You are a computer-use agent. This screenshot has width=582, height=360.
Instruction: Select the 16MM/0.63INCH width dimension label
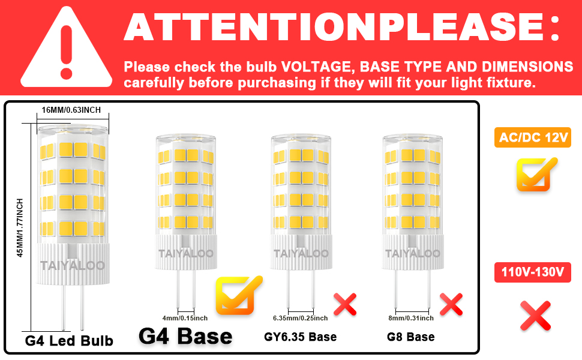click(x=71, y=110)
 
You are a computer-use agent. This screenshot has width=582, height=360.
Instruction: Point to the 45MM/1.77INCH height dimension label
click(x=20, y=228)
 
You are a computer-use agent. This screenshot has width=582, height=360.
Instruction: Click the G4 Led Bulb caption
click(x=69, y=341)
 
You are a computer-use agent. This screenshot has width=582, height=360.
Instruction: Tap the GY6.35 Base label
click(x=301, y=337)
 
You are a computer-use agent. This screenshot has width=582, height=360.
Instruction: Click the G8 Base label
click(x=411, y=337)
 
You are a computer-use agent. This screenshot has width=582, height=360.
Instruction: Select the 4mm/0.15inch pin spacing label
click(x=185, y=317)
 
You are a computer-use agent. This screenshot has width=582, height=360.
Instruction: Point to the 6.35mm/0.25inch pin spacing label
click(x=301, y=317)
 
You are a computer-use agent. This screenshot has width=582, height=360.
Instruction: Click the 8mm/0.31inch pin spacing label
click(x=411, y=317)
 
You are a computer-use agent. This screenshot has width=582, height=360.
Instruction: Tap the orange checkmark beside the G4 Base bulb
click(x=238, y=294)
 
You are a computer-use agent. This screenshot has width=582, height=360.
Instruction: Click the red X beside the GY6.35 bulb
click(x=345, y=304)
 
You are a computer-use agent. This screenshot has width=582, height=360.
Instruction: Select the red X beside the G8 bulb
click(x=451, y=304)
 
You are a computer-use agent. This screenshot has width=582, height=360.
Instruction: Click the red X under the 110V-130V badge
click(x=535, y=316)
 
